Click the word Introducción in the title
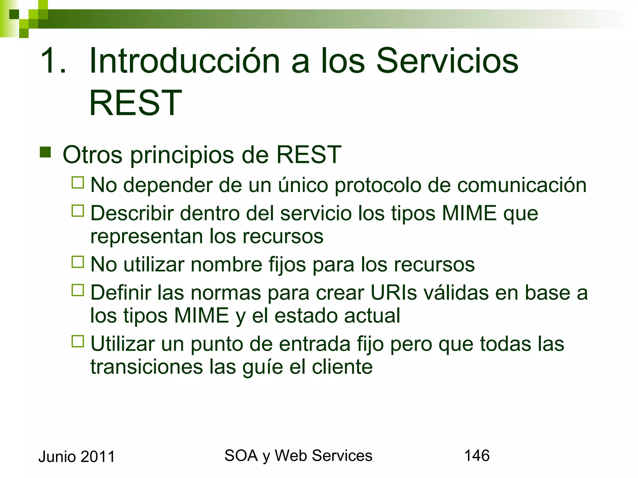coord(184,61)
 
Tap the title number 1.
coord(53,61)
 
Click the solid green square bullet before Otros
coord(45,152)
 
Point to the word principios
coord(182,155)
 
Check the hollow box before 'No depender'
coord(78,183)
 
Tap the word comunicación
coord(522,185)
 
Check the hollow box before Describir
coord(78,211)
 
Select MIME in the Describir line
coord(469,213)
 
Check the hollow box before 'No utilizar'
coord(78,262)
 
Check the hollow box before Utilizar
coord(78,341)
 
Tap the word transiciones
coord(146,367)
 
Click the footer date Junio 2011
coord(77,457)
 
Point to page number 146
coord(477,456)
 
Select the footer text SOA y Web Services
coord(298,456)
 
